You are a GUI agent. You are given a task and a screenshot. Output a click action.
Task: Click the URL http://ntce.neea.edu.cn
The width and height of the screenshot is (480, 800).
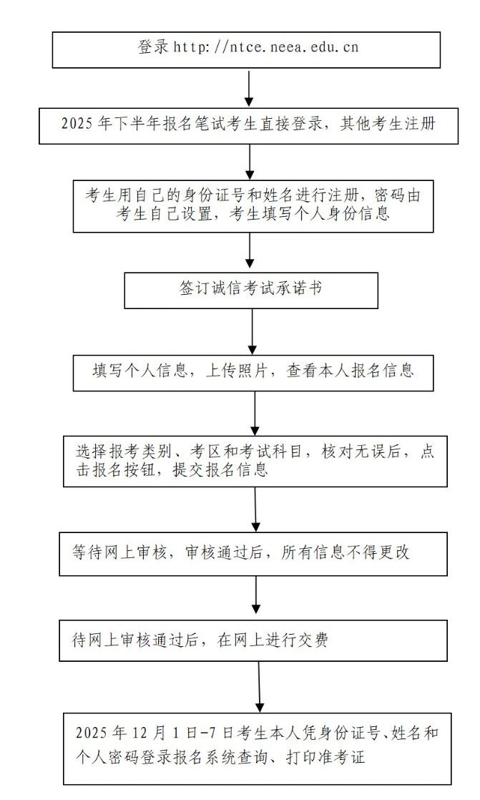click(x=265, y=47)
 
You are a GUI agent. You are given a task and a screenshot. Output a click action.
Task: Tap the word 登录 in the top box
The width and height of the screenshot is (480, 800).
click(x=153, y=47)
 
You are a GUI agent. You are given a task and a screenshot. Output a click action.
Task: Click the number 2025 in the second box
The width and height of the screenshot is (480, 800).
click(x=78, y=123)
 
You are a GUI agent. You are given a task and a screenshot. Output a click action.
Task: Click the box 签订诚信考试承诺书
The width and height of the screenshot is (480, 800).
click(x=250, y=289)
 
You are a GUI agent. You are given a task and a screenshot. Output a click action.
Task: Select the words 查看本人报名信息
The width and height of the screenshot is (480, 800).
click(x=351, y=371)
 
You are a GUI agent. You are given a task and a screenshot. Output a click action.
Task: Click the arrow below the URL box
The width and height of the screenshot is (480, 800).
click(x=249, y=87)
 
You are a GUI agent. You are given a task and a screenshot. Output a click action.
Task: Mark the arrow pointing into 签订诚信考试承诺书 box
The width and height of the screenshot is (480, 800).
click(x=250, y=251)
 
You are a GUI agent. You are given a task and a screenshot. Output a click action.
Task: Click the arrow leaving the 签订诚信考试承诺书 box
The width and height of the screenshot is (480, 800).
click(x=253, y=331)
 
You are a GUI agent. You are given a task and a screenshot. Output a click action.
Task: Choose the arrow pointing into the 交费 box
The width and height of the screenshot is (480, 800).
click(x=256, y=597)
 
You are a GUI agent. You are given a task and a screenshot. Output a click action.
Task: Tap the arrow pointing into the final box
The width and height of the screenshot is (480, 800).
click(x=260, y=686)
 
